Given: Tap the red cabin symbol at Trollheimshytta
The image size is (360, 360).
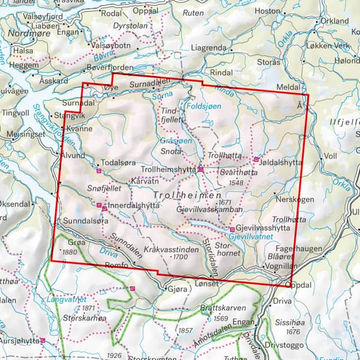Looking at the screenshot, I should click(x=201, y=170).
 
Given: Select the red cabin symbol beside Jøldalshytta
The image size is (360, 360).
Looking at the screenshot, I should click(x=256, y=160).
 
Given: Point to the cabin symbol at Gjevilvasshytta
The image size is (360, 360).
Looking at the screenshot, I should click(x=232, y=229).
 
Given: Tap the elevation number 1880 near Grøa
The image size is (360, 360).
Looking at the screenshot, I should click(x=70, y=252).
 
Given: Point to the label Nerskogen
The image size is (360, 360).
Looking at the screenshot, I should click(x=292, y=198).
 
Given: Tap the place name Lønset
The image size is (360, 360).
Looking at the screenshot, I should click(x=208, y=282).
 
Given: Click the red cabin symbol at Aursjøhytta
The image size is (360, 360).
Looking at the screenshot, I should click(x=43, y=340).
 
